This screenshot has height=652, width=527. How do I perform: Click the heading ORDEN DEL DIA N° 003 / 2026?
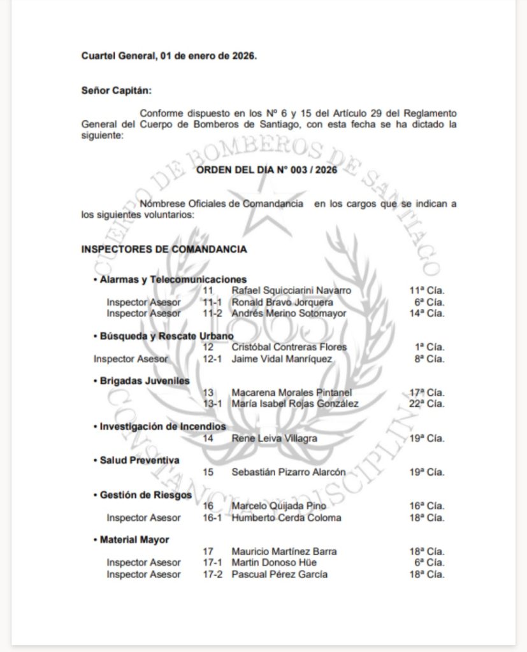266,170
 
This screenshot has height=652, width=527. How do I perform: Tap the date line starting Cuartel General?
169,55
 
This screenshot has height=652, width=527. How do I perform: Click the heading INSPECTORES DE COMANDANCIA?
164,249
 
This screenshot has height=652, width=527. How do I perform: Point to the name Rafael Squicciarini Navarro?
291,290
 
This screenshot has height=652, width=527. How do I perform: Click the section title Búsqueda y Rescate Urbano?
166,336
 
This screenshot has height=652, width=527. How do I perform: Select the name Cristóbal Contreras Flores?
289,347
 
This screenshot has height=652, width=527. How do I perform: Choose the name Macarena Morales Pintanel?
291,392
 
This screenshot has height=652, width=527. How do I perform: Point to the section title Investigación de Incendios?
162,426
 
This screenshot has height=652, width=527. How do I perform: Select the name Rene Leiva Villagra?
274,438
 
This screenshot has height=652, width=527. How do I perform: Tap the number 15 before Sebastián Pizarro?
208,472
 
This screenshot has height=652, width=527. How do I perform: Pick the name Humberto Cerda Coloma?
286,518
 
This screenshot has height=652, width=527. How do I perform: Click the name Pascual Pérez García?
280,574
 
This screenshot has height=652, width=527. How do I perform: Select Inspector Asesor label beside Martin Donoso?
143,563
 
